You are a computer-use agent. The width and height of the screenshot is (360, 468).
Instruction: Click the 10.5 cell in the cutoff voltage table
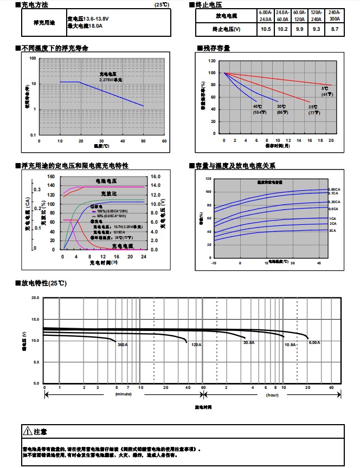[x=266, y=29]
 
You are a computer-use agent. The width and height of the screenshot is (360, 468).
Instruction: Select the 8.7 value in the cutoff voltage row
[x=335, y=29]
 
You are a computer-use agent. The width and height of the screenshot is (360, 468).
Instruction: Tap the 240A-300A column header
[x=335, y=15]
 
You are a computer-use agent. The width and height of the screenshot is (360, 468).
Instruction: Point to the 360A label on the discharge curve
[x=122, y=344]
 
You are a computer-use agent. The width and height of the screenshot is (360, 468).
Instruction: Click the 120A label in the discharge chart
[x=196, y=344]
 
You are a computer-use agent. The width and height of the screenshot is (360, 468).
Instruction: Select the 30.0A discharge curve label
[x=249, y=343]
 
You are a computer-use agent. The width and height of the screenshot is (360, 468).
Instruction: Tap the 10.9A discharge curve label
[x=290, y=344]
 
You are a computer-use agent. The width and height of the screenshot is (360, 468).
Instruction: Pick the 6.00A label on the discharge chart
[x=314, y=343]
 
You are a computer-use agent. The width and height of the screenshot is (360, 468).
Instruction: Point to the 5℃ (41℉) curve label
[x=325, y=91]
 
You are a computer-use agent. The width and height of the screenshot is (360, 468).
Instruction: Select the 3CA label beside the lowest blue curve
[x=332, y=231]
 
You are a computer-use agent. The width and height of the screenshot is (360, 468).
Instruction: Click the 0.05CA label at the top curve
[x=333, y=190]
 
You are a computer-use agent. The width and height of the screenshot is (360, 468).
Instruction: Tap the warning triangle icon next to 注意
[x=28, y=432]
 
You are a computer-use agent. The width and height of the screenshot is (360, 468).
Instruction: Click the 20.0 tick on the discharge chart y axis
[x=35, y=298]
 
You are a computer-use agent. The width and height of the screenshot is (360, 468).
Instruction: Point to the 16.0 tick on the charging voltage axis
[x=155, y=177]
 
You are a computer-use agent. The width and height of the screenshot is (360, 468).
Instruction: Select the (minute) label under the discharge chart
[x=124, y=394]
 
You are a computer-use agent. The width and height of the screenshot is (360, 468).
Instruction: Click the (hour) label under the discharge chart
[x=272, y=394]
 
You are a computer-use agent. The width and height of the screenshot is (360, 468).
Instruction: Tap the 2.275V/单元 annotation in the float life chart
[x=111, y=80]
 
